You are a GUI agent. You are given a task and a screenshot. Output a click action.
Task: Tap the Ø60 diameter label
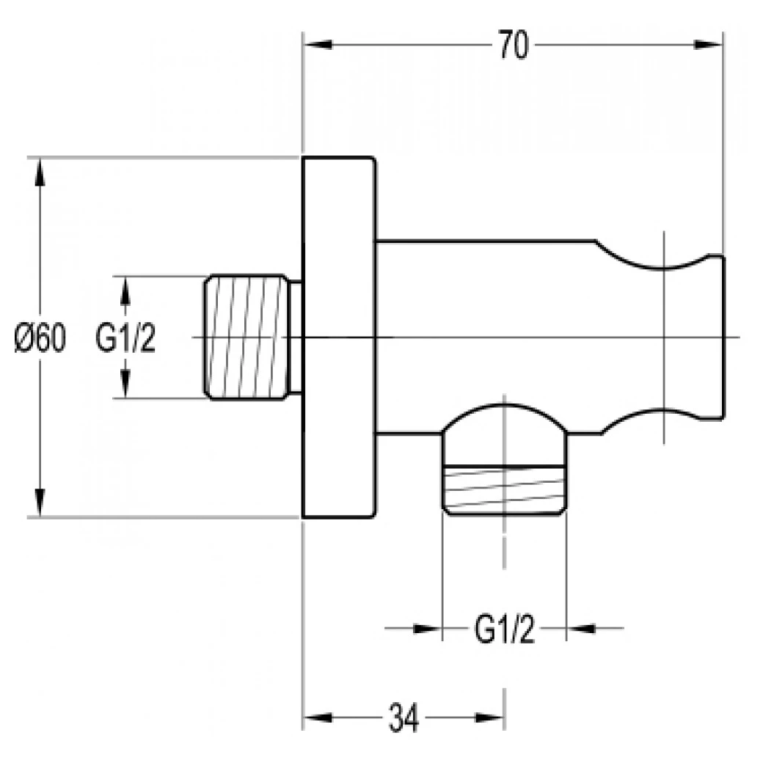pyautogui.click(x=40, y=338)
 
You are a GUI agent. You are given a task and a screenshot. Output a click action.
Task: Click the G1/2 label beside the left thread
pyautogui.click(x=125, y=338)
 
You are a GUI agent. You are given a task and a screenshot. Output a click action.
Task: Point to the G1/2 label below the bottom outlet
pyautogui.click(x=504, y=629)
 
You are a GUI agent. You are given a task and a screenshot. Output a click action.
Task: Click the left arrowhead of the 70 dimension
pyautogui.click(x=317, y=45)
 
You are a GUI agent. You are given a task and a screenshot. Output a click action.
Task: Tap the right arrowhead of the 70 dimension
pyautogui.click(x=709, y=45)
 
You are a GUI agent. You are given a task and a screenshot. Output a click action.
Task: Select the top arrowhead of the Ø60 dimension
pyautogui.click(x=40, y=172)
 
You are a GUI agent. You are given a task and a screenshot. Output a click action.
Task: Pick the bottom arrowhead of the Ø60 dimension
pyautogui.click(x=40, y=503)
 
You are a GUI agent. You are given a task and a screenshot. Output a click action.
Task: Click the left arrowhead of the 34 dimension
pyautogui.click(x=317, y=718)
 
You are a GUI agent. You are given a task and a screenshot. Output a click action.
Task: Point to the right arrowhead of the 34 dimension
pyautogui.click(x=489, y=718)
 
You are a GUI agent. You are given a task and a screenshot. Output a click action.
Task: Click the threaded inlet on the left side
pyautogui.click(x=247, y=337)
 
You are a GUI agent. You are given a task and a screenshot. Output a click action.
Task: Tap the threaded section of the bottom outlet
pyautogui.click(x=505, y=489)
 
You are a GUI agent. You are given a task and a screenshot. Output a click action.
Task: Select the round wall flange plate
pyautogui.click(x=339, y=337)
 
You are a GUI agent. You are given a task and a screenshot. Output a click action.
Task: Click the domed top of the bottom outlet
pyautogui.click(x=505, y=417)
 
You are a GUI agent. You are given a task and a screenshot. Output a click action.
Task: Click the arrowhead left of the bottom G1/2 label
pyautogui.click(x=427, y=629)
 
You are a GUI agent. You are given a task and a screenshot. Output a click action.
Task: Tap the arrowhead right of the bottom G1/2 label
pyautogui.click(x=581, y=629)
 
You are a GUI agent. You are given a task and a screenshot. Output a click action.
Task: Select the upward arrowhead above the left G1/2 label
pyautogui.click(x=125, y=291)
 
